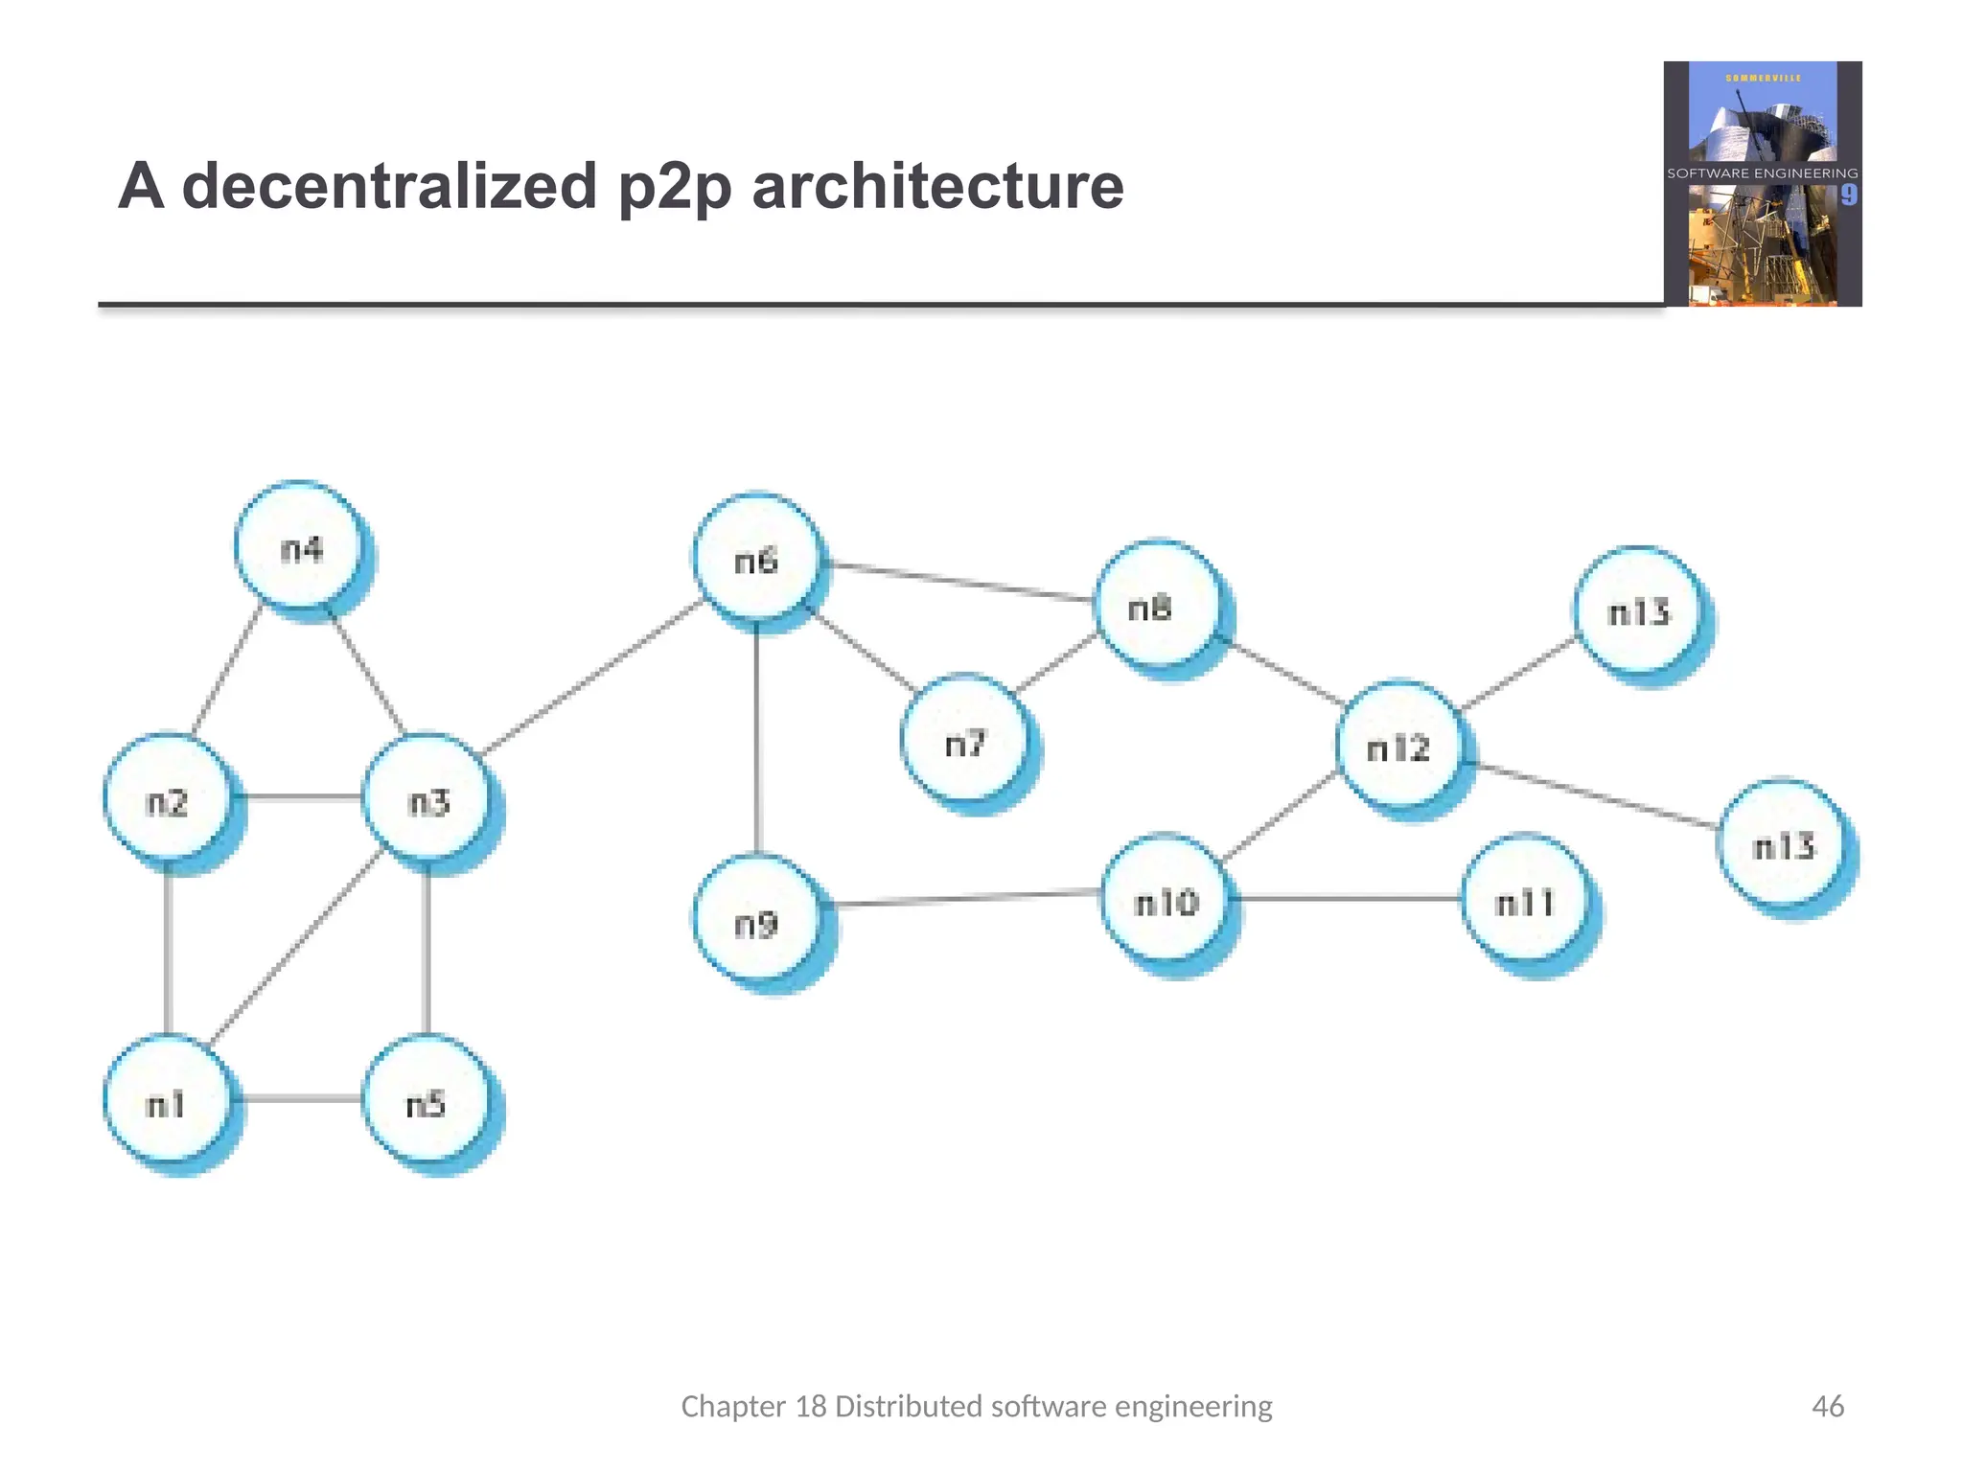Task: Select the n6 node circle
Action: tap(756, 559)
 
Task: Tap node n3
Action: tap(427, 799)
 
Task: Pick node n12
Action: tap(1399, 746)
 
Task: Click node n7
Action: tap(964, 741)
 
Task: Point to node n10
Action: tap(1166, 899)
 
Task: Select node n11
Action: tap(1525, 900)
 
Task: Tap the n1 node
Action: tap(167, 1102)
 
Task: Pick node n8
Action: tap(1157, 606)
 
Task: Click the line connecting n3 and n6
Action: tap(594, 676)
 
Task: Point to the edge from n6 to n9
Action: tap(757, 738)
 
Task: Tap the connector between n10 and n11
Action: tap(1347, 899)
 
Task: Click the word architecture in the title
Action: tap(937, 186)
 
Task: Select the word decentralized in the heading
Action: tap(390, 186)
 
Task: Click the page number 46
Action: tap(1827, 1406)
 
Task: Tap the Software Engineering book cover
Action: tap(1763, 184)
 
